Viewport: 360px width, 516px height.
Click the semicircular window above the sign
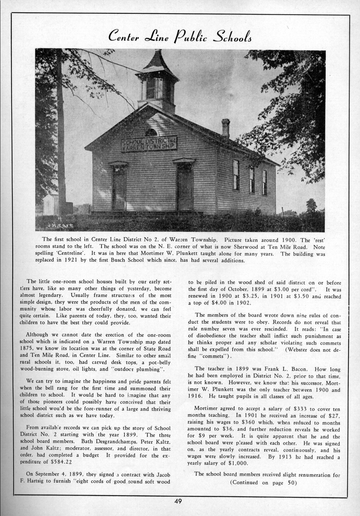151,132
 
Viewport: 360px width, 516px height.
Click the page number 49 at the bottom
178,501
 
